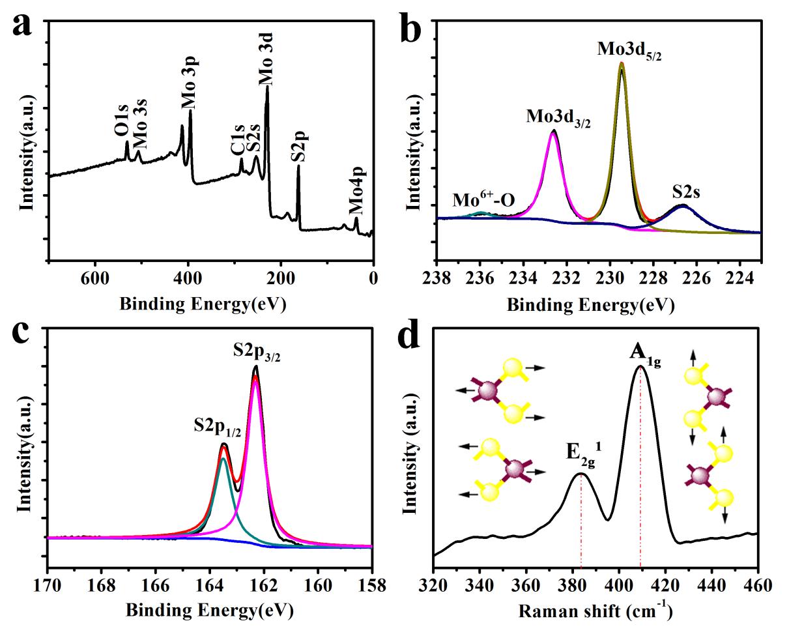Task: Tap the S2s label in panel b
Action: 691,194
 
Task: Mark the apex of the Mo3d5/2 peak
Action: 622,63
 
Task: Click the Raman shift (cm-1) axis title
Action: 595,611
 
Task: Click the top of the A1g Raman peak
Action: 641,366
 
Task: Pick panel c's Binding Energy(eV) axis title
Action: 209,611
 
